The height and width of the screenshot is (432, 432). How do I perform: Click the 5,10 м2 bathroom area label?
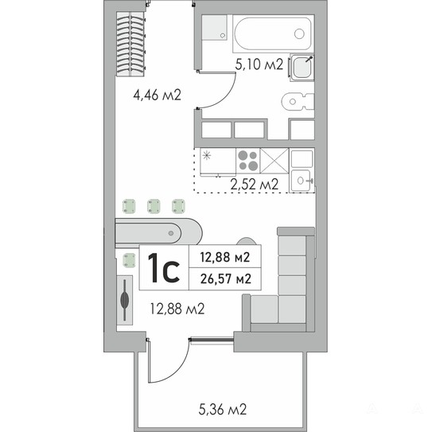[259, 64]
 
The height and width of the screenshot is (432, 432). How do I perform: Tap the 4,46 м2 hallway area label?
[157, 95]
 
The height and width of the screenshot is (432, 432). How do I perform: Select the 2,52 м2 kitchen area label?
[255, 184]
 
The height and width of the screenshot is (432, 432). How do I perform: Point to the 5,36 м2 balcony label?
[223, 409]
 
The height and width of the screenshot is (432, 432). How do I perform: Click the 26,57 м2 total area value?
[226, 278]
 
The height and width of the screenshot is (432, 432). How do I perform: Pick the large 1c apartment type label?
[164, 268]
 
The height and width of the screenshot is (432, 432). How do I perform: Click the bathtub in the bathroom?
[274, 33]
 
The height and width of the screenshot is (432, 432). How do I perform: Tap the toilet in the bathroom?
[298, 102]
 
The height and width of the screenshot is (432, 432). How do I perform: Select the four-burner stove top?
[248, 161]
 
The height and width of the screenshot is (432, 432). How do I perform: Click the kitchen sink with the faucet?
[302, 180]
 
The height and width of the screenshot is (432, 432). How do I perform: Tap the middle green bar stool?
[154, 206]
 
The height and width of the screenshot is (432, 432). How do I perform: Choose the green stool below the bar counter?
[129, 260]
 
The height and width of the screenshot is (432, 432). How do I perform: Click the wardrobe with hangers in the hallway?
[130, 44]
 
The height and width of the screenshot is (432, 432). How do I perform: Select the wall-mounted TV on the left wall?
[125, 300]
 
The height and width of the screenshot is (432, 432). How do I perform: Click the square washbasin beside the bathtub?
[302, 67]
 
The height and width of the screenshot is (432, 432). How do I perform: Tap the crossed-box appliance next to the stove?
[274, 161]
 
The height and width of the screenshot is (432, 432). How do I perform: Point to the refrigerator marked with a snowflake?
[218, 162]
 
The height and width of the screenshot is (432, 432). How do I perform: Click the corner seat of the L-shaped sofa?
[292, 309]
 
